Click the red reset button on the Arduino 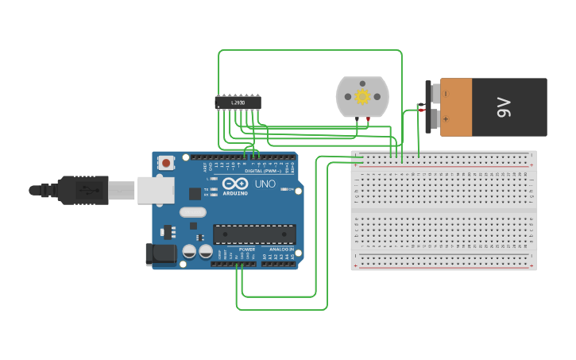pos(166,163)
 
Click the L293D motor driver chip pos(238,102)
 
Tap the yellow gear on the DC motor pos(363,96)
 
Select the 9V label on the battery pos(504,106)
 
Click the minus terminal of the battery pos(435,93)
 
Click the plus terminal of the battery pos(435,119)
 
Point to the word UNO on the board pos(265,184)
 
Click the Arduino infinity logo pos(234,183)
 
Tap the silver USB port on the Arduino pos(156,190)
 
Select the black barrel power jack pos(160,254)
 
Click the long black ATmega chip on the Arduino pos(254,234)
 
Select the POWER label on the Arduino pos(247,250)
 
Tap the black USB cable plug pos(83,190)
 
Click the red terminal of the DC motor pos(368,118)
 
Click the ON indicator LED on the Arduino pos(207,179)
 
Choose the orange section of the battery pos(456,106)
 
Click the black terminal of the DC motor pos(358,118)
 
